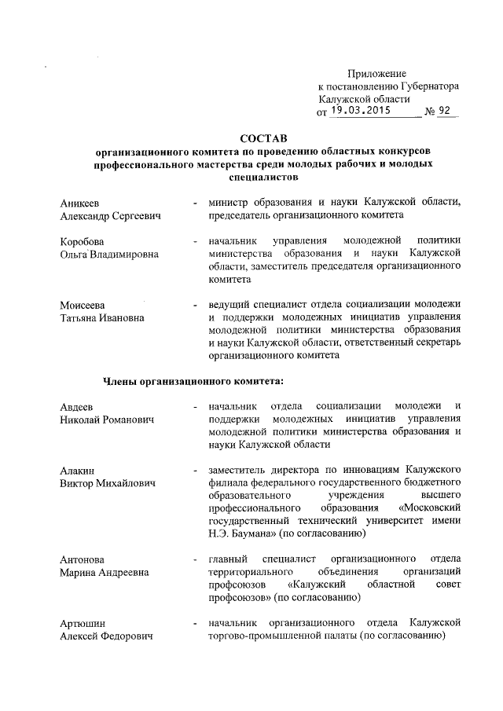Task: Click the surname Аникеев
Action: (x=83, y=202)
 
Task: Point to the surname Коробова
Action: (x=83, y=240)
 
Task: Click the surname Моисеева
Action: (x=84, y=304)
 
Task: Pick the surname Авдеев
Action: (x=77, y=406)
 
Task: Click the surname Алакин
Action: (x=78, y=470)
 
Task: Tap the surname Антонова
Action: (x=83, y=559)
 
